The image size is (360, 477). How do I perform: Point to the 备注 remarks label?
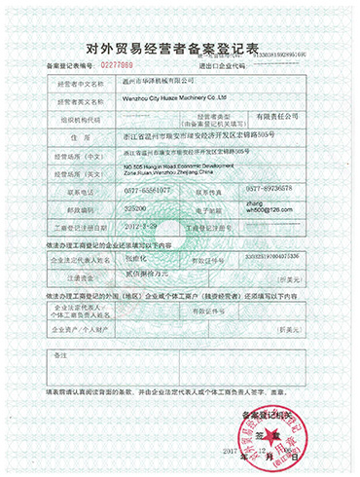pyautogui.click(x=60, y=354)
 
